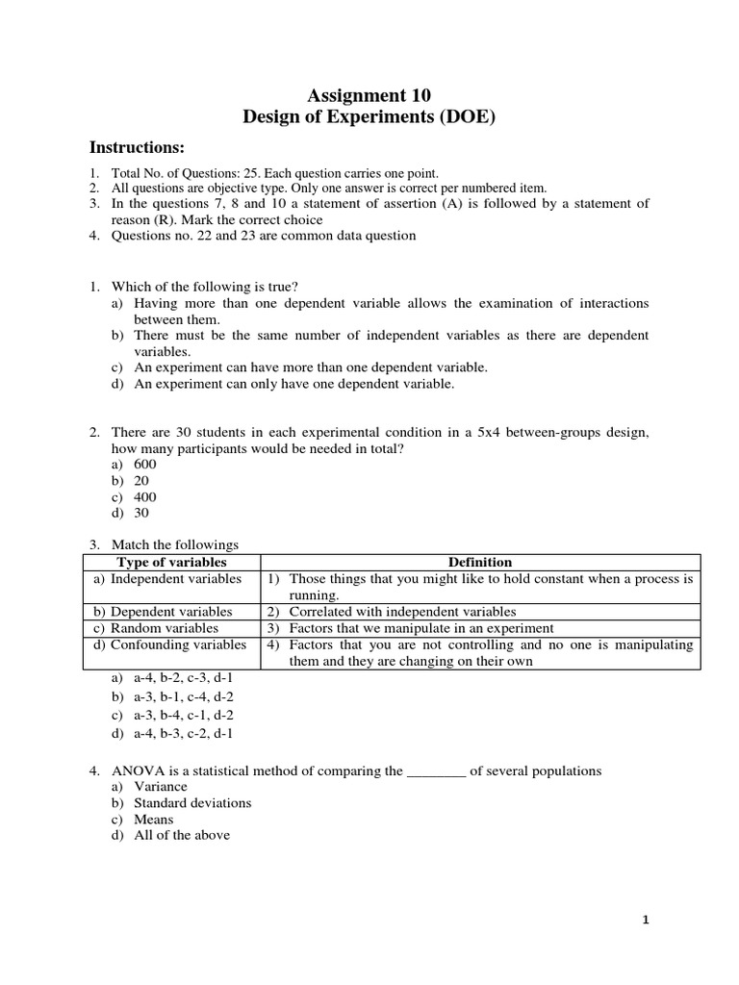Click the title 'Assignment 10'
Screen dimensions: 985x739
point(369,94)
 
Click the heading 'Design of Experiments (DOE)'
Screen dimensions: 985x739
point(369,117)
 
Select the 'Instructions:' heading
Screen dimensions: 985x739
point(137,147)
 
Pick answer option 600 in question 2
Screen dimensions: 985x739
point(144,464)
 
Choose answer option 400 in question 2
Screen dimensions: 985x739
point(144,496)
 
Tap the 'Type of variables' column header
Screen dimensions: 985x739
point(171,562)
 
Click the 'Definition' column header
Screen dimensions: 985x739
point(480,562)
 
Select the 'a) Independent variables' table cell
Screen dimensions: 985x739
point(168,579)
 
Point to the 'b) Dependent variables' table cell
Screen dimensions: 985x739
point(164,612)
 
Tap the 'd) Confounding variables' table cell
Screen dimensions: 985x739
point(170,644)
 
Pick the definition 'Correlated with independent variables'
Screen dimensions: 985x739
point(402,612)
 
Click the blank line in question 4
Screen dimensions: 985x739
point(437,771)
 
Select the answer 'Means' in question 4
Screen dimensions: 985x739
point(154,820)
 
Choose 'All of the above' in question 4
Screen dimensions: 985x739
point(182,836)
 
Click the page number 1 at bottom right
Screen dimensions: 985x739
point(647,921)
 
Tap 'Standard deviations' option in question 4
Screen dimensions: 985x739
point(192,803)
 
